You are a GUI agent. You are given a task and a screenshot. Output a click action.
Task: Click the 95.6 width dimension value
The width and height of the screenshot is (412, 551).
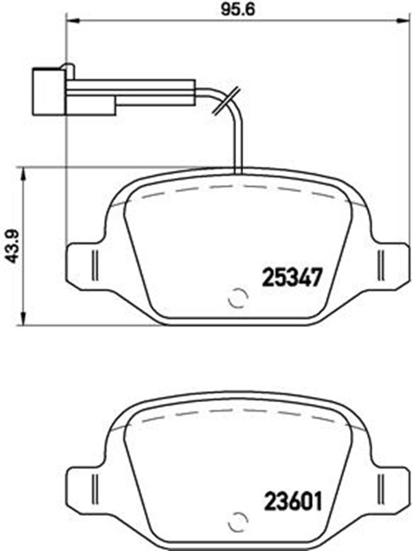[x=238, y=9]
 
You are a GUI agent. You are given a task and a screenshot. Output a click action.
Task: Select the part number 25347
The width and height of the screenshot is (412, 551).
[x=292, y=277]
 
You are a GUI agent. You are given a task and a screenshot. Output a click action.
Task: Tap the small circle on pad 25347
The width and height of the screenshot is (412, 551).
[x=238, y=299]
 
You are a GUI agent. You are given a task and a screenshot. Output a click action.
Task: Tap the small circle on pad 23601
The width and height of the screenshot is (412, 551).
[x=238, y=523]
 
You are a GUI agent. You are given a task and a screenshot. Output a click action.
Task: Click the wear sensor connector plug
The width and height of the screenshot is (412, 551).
[x=48, y=91]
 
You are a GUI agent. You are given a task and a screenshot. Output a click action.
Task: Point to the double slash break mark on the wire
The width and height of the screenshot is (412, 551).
[x=226, y=101]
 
